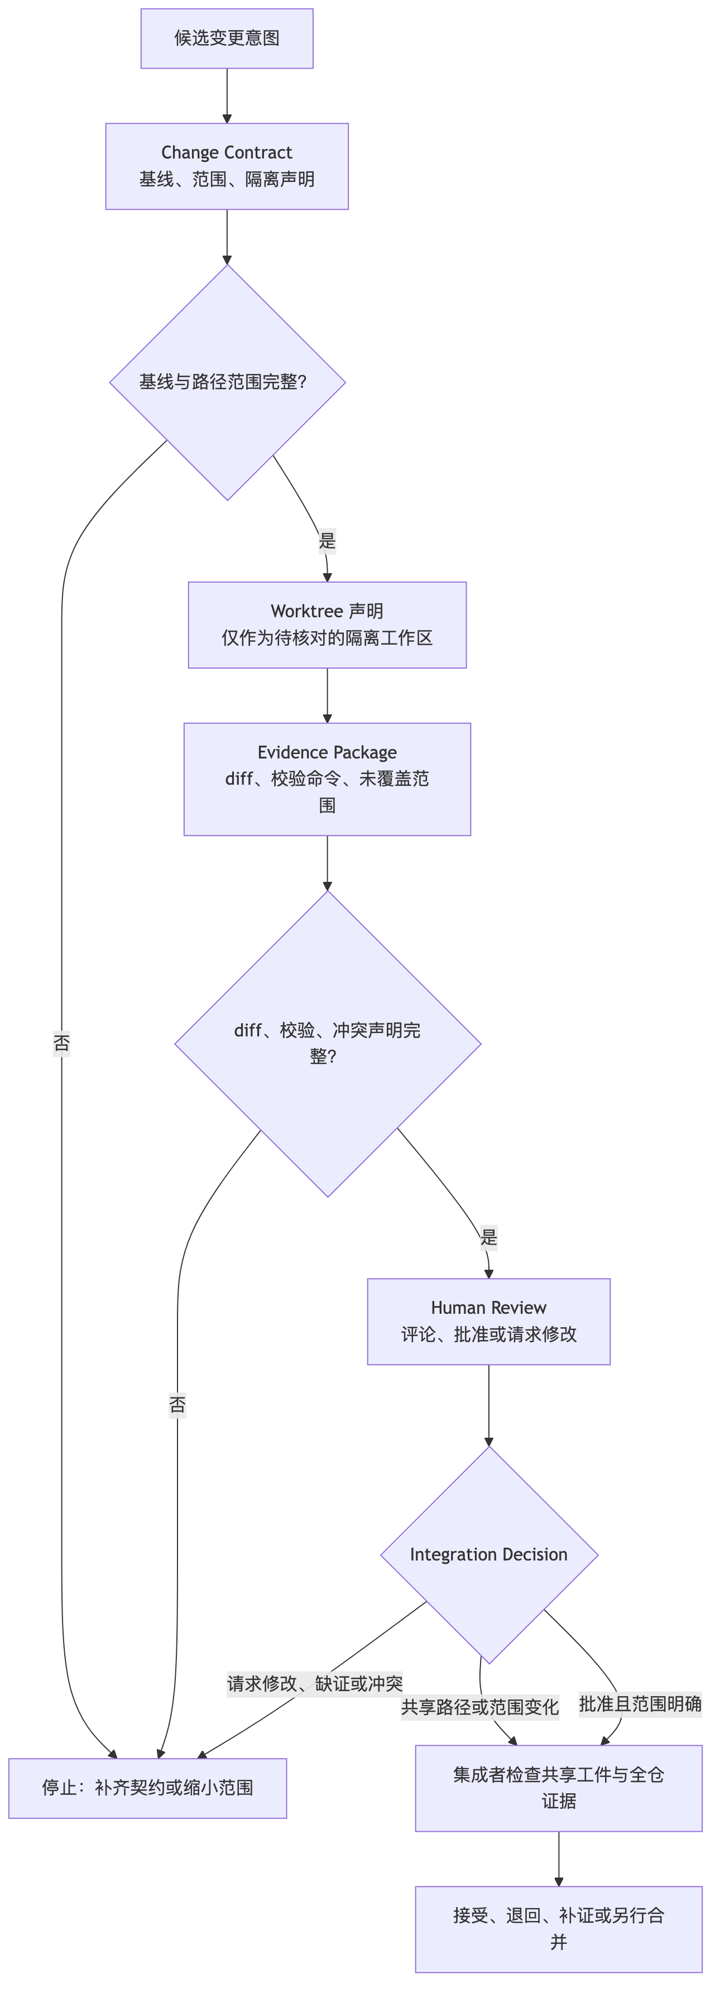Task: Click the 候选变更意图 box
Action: (227, 38)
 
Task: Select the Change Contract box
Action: (227, 166)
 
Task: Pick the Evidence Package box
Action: (327, 779)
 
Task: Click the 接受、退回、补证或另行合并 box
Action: (559, 1929)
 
